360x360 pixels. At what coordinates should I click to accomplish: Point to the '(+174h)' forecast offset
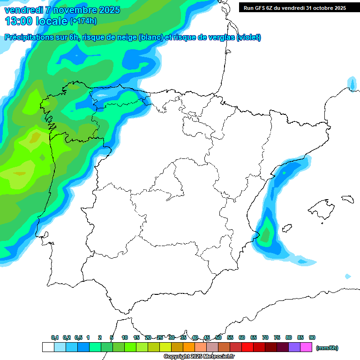coord(83,21)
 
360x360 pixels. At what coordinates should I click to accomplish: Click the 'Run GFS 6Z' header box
coord(294,8)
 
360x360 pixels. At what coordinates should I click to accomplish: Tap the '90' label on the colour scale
coord(312,337)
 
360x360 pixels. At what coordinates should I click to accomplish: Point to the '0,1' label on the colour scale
coord(54,337)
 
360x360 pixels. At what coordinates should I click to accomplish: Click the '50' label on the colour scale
coord(218,337)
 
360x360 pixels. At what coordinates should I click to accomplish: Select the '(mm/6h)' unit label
coord(327,348)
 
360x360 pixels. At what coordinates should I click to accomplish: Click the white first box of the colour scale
coord(48,347)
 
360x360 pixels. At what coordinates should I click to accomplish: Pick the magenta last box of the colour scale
coord(306,347)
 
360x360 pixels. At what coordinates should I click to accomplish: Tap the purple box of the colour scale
coord(294,347)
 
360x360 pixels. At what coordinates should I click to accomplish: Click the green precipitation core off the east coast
coord(266,233)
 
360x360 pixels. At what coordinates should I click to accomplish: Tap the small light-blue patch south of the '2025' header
coord(352,84)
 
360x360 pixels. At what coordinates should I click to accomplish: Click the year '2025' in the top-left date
coord(109,10)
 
